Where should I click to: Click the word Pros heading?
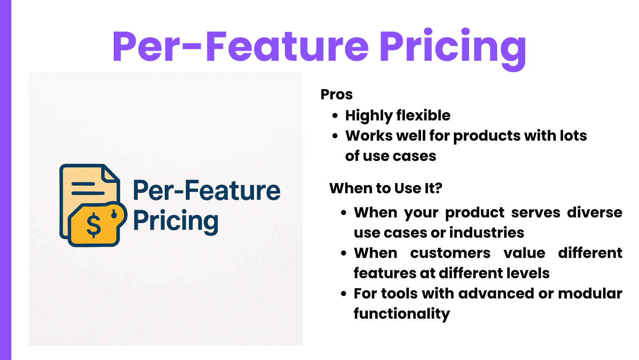336,94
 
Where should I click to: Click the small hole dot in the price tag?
114,215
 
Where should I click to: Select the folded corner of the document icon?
110,173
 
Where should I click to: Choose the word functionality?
402,314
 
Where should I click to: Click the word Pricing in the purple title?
452,49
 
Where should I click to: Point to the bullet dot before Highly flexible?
335,116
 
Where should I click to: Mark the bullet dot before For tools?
344,294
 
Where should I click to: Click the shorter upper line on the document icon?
83,184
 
